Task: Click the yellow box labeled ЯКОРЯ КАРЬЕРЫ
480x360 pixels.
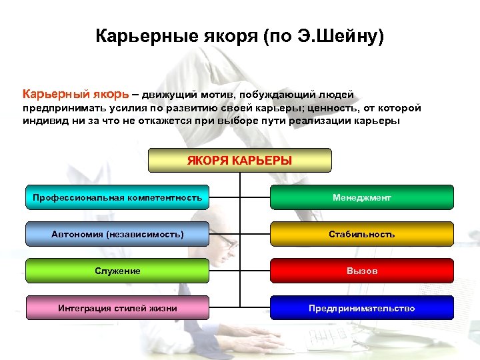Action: [239, 161]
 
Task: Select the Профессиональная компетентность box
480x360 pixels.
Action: [117, 197]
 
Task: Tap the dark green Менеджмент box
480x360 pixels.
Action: [362, 197]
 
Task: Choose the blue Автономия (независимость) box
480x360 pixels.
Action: [117, 234]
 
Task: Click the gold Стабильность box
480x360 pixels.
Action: [362, 234]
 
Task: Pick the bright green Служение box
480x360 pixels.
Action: [117, 271]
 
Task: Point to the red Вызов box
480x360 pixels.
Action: [362, 271]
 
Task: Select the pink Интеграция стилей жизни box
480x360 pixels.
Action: [117, 308]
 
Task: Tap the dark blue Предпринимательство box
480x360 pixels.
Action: [362, 308]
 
